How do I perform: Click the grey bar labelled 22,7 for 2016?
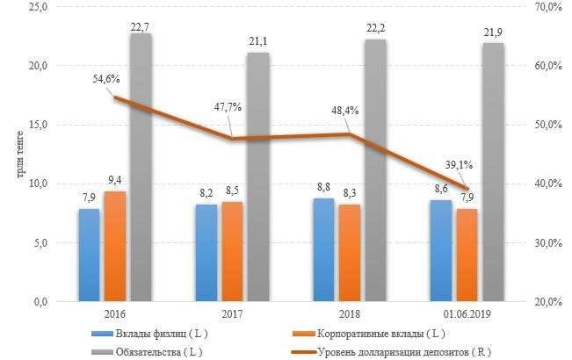141,167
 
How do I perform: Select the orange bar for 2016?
114,246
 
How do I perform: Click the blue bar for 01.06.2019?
440,250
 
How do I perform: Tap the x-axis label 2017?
231,313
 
